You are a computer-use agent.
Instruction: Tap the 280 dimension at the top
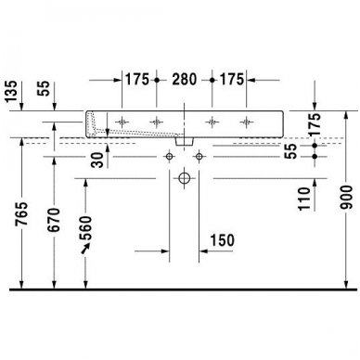[x=185, y=78]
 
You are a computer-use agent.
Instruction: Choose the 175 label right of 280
[x=231, y=78]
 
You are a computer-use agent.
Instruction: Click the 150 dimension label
[x=221, y=241]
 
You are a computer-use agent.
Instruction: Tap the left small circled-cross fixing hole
[x=170, y=158]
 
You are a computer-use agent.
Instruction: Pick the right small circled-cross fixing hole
[x=199, y=158]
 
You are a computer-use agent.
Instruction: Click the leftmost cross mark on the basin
[x=125, y=121]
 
